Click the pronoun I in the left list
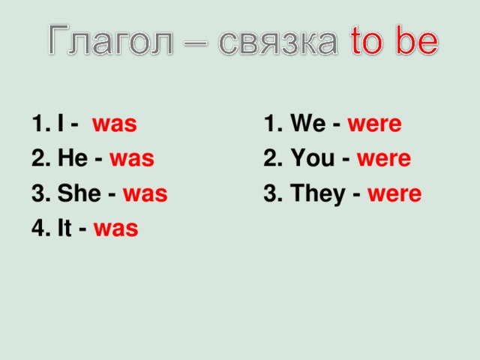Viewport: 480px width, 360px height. (59, 124)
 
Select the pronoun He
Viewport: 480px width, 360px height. (70, 158)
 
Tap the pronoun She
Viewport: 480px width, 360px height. (76, 193)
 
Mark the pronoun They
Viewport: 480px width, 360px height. (315, 193)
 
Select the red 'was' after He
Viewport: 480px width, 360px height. (131, 159)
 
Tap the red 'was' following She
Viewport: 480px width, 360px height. (145, 194)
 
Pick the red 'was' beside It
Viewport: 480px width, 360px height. (115, 229)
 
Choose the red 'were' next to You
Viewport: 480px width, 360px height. (383, 159)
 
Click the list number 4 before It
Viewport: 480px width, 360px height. (37, 229)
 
